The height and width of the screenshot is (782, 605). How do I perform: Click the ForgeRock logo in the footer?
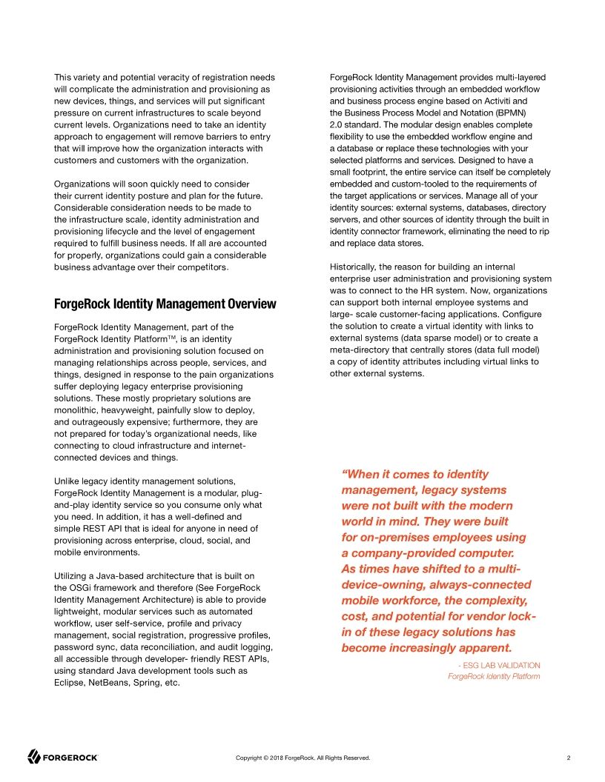tap(63, 757)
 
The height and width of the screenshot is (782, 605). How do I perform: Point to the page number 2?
tap(568, 758)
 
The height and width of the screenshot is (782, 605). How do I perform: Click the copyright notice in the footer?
tap(302, 758)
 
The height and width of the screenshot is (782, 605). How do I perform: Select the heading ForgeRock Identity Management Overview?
tap(165, 304)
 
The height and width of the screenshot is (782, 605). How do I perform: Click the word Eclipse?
tap(70, 683)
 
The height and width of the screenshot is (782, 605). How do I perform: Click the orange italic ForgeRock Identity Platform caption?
tap(494, 677)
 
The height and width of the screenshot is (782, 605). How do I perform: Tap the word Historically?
tap(357, 267)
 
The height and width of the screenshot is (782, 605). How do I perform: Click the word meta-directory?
tap(361, 350)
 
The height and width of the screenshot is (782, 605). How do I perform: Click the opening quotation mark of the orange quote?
tap(344, 474)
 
